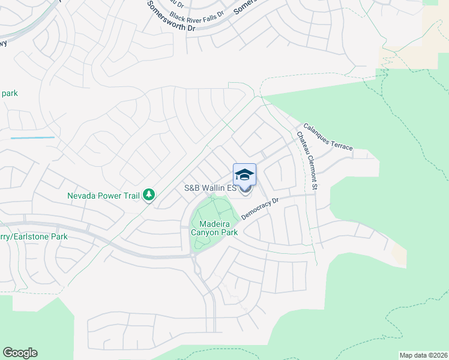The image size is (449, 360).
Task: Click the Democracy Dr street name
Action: pyautogui.click(x=261, y=208)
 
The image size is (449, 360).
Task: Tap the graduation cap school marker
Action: pyautogui.click(x=244, y=175)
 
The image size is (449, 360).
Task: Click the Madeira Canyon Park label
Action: pyautogui.click(x=214, y=228)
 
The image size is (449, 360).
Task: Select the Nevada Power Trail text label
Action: pyautogui.click(x=103, y=195)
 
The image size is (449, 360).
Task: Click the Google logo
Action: pyautogui.click(x=20, y=353)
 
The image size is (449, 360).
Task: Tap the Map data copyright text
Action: pyautogui.click(x=424, y=355)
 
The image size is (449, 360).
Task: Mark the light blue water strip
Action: pyautogui.click(x=32, y=137)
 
